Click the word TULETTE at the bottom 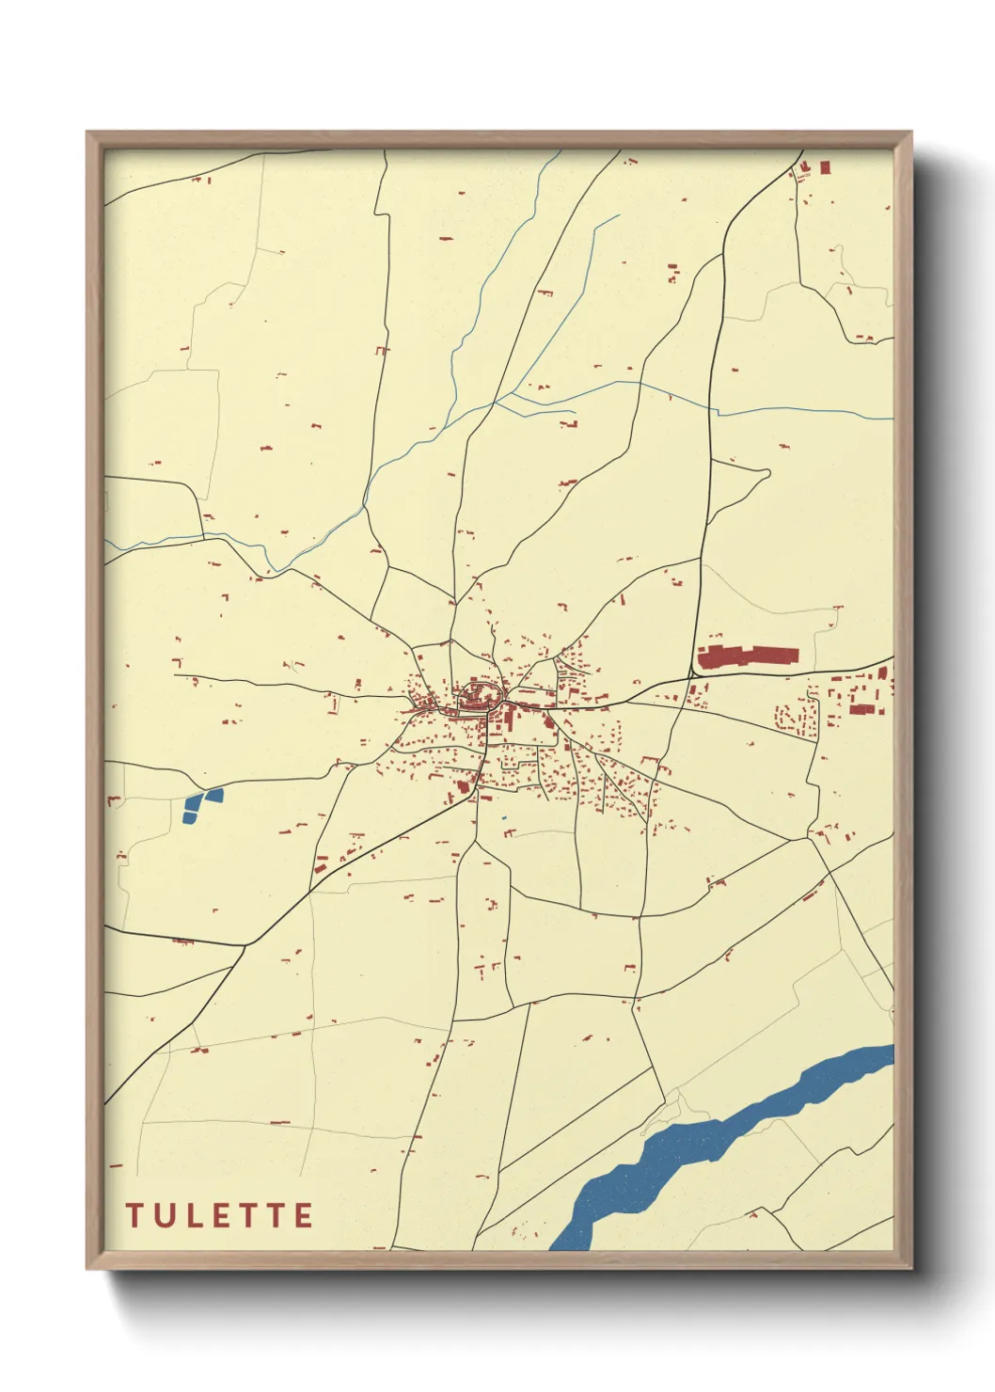pos(219,1215)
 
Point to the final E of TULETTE pos(303,1215)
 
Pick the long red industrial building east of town pos(748,656)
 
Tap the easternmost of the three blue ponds pos(214,796)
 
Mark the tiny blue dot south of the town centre pos(504,818)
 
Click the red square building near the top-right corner pos(825,167)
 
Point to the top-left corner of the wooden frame pos(88,134)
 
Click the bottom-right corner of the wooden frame pos(909,1267)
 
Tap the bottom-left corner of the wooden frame pos(88,1267)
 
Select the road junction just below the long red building pos(695,673)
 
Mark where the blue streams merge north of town pos(496,402)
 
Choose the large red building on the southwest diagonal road pos(463,786)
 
